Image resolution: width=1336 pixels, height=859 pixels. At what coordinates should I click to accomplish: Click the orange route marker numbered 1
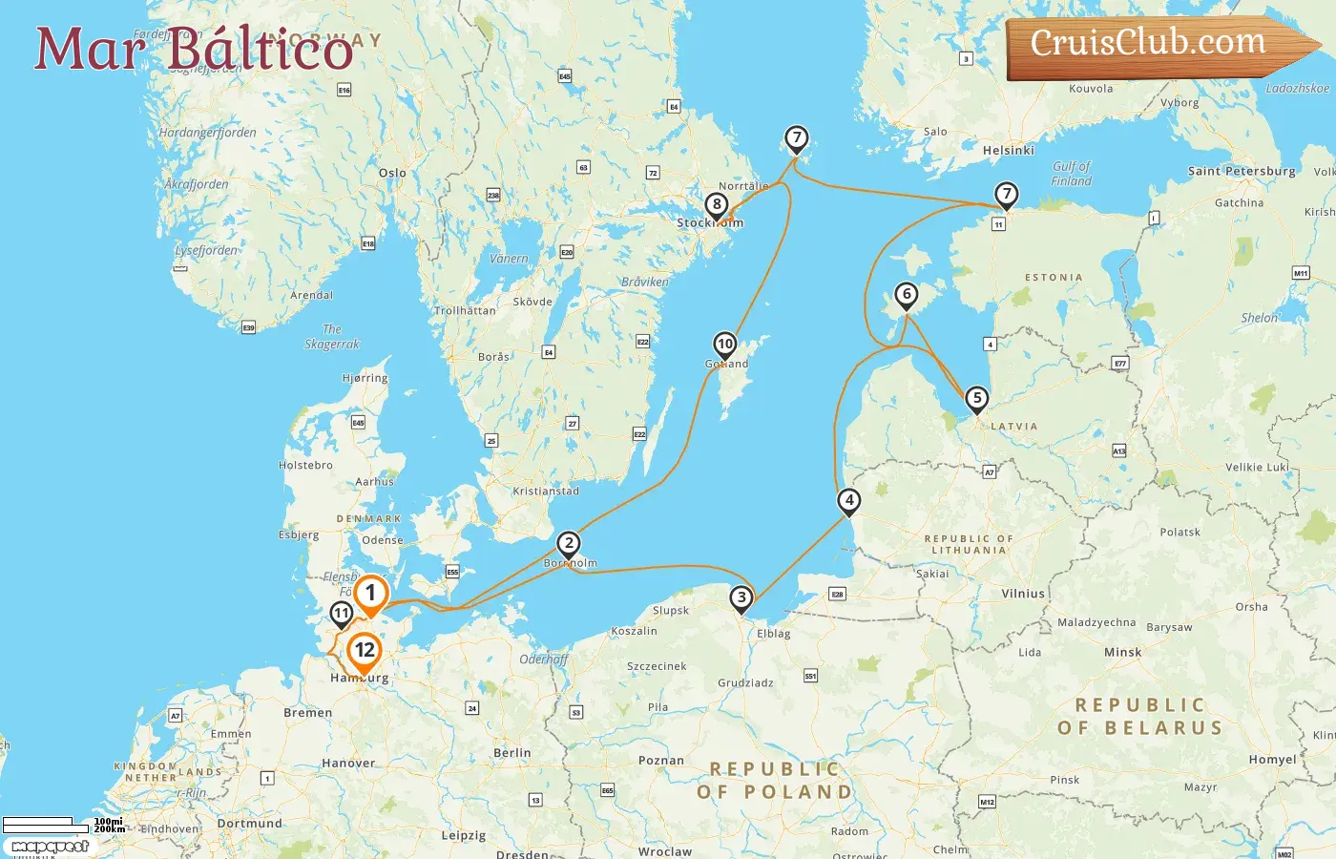370,594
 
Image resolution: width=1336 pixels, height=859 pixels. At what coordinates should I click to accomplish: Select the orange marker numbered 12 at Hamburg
364,652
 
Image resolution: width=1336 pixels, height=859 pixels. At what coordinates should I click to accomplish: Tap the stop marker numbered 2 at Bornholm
569,544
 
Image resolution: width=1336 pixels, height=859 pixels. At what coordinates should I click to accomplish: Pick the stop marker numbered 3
741,598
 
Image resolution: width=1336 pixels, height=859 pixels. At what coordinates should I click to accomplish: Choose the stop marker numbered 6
907,295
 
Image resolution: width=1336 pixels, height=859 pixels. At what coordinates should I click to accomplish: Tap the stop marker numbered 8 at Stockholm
717,204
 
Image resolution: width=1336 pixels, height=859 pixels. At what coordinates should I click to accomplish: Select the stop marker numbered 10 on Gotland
725,345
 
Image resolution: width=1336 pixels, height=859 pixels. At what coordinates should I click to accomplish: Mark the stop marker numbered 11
341,614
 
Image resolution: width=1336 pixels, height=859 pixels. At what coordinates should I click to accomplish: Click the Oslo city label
392,173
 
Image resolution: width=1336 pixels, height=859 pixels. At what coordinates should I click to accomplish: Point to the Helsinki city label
1008,150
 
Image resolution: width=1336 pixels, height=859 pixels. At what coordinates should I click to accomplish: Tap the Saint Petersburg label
1241,172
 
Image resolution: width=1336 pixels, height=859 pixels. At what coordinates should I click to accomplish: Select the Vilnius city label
1023,594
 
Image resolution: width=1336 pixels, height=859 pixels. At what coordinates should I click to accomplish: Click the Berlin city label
512,753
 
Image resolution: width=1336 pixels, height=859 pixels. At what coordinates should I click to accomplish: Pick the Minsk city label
1122,653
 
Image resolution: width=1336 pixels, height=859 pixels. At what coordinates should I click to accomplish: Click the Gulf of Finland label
1071,174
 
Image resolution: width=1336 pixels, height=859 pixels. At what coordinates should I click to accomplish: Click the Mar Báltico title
194,50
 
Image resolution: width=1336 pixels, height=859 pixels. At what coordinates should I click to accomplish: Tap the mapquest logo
50,847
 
